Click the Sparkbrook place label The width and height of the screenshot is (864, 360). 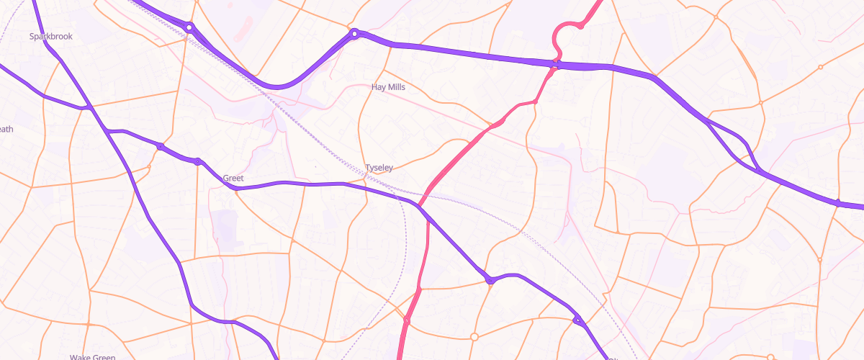[50, 36]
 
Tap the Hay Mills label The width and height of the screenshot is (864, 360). [388, 87]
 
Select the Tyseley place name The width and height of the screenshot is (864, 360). [379, 168]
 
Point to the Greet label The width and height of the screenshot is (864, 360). [233, 178]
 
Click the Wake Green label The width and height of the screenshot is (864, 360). [93, 357]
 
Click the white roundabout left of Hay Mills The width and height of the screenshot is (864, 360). [354, 33]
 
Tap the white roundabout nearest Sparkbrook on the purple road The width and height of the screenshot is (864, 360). [189, 27]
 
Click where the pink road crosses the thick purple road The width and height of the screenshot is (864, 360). [556, 65]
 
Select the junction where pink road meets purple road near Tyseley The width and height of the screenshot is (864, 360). [419, 205]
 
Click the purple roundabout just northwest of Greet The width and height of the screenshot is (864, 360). [198, 161]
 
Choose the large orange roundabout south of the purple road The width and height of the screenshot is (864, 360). [474, 336]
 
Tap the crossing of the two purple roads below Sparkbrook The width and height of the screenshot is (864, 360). [88, 108]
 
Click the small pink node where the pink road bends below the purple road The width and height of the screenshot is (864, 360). [534, 102]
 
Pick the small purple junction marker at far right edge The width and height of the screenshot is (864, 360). [838, 203]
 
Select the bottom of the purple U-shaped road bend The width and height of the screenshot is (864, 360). [277, 87]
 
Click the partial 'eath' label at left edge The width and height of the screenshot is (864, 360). [6, 130]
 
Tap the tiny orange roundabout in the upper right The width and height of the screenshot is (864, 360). [820, 67]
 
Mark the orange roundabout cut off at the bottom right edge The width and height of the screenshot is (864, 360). [770, 357]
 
